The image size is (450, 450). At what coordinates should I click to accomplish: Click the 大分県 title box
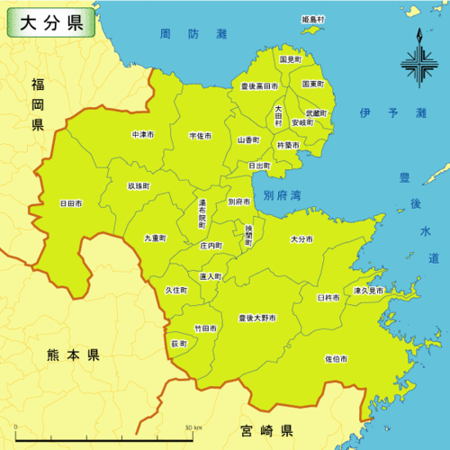(x=50, y=22)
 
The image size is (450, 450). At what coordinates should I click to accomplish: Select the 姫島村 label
(x=313, y=18)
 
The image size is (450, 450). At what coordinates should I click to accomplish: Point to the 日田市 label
(x=71, y=204)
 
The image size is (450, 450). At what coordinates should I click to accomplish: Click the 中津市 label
(x=143, y=134)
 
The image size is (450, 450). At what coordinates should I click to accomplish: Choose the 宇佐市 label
(x=201, y=135)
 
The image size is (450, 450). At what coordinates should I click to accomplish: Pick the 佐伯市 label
(x=336, y=358)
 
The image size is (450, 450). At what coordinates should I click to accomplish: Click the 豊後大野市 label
(x=257, y=319)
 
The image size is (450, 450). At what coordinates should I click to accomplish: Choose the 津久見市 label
(x=368, y=292)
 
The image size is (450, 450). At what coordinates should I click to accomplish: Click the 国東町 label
(x=313, y=83)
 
